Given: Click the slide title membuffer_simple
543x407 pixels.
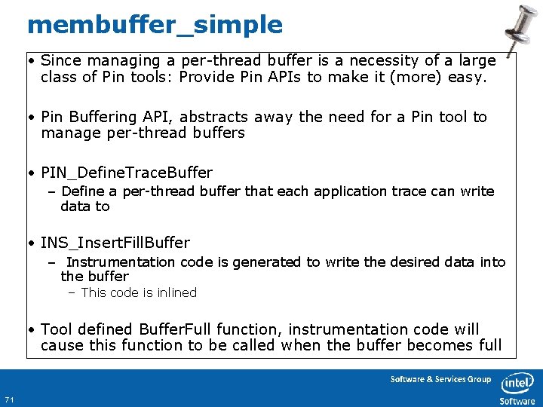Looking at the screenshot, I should [x=155, y=25].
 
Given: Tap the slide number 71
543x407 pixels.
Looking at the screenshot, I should [x=9, y=399].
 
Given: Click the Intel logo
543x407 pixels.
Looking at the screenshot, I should [x=517, y=382].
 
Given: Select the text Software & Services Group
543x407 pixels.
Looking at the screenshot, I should [x=440, y=379].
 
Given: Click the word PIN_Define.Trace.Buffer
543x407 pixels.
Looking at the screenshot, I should [x=127, y=173].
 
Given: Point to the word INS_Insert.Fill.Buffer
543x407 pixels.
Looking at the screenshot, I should [x=115, y=243].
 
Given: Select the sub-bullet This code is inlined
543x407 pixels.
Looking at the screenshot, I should [x=139, y=292].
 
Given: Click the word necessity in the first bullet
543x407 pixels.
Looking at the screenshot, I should [x=351, y=60].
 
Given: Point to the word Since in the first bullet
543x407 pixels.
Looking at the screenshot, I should [x=60, y=60].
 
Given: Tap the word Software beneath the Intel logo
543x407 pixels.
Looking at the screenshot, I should [x=517, y=401].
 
